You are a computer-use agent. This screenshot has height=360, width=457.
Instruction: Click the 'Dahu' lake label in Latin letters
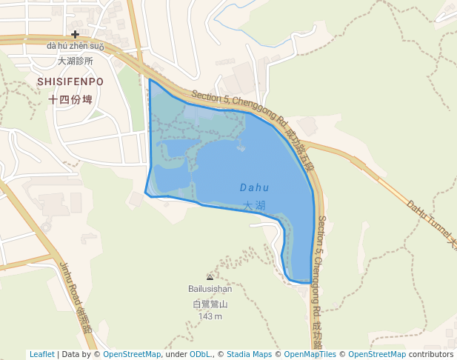click(x=254, y=188)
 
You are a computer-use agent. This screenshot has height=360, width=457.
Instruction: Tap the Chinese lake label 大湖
click(x=254, y=205)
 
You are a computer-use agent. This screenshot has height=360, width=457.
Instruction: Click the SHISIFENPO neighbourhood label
click(x=70, y=81)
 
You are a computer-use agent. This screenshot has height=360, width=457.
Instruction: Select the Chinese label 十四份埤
click(x=70, y=99)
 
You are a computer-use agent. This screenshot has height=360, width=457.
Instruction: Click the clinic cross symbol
click(x=75, y=34)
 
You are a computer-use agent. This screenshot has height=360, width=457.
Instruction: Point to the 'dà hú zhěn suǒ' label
click(x=75, y=47)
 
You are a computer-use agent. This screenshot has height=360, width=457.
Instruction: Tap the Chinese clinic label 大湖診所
click(x=75, y=61)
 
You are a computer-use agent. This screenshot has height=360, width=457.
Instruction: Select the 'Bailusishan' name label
click(x=210, y=289)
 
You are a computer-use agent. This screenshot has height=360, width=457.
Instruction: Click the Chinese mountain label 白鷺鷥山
click(x=210, y=304)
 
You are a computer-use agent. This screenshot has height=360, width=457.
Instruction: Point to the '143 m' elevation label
click(x=210, y=316)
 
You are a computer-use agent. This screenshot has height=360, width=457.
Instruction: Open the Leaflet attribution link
click(x=41, y=354)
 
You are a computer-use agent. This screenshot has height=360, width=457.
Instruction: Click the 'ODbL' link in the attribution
click(x=200, y=354)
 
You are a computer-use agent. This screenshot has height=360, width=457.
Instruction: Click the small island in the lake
click(x=241, y=147)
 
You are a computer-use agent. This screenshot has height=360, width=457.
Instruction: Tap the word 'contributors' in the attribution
click(x=431, y=354)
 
